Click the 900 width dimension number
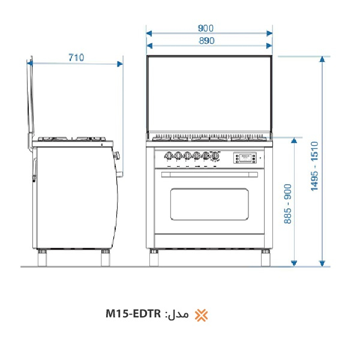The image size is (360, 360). (x=205, y=28)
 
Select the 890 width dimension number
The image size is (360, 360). (x=205, y=41)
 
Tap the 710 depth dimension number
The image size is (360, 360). (x=76, y=58)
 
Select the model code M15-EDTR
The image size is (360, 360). (x=133, y=314)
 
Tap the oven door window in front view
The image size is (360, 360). (x=209, y=204)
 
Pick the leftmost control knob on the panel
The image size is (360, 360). (x=169, y=155)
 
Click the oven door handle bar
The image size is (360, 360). (x=209, y=174)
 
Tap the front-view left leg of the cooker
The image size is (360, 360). (x=154, y=257)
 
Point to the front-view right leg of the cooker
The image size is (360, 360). (x=264, y=257)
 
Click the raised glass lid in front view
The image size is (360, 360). (x=209, y=93)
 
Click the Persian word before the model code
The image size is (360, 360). (x=180, y=314)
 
